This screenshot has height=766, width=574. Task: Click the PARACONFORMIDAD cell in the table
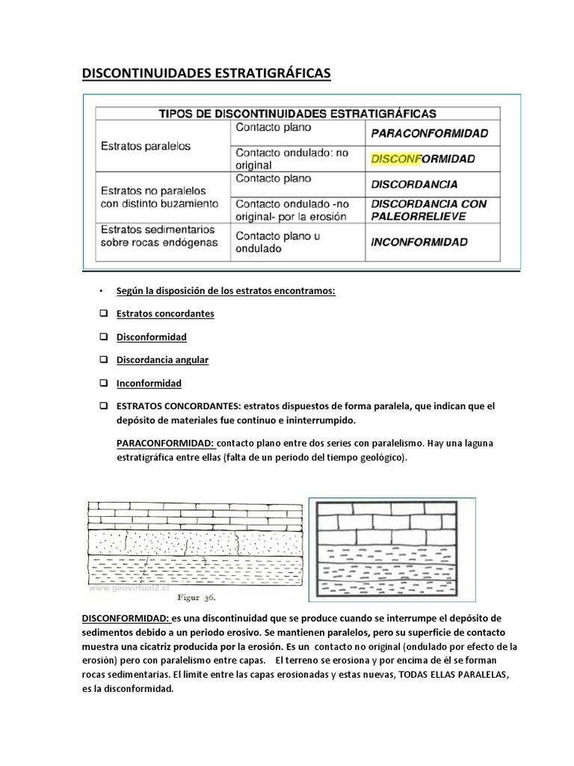pyautogui.click(x=428, y=134)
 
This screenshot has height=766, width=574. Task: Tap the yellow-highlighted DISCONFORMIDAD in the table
pyautogui.click(x=422, y=159)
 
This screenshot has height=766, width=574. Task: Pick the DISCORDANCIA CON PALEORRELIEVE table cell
pyautogui.click(x=428, y=209)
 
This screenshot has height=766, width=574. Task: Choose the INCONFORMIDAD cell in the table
pyautogui.click(x=419, y=242)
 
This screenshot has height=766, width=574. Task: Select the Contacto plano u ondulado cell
pyautogui.click(x=273, y=242)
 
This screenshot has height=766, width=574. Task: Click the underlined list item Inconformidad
pyautogui.click(x=149, y=383)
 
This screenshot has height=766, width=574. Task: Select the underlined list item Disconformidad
pyautogui.click(x=151, y=337)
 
